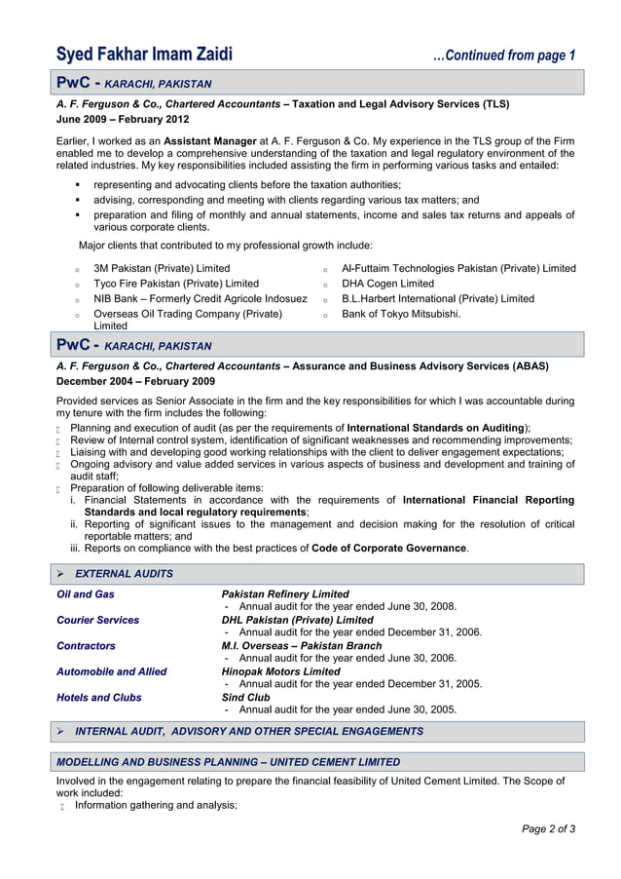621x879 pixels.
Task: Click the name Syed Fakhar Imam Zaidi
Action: pos(145,55)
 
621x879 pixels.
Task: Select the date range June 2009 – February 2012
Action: pos(123,119)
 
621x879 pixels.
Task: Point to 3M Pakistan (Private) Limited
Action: pos(162,268)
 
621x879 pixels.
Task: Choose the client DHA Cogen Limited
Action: pos(387,284)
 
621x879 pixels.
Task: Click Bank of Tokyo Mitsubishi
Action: pos(400,314)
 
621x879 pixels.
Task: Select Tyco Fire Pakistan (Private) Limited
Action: pos(176,284)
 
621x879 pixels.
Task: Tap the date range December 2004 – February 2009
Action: pos(136,381)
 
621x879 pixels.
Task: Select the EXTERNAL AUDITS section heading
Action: pos(124,574)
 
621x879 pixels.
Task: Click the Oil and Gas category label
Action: pos(86,593)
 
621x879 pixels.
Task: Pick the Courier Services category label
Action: pos(97,620)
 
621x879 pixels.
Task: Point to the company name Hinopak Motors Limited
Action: pos(281,671)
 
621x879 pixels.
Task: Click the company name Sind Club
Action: pos(246,698)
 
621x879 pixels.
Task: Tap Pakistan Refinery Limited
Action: pos(285,593)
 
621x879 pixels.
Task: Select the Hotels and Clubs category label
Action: pos(99,698)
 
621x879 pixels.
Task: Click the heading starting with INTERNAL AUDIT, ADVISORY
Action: pos(249,731)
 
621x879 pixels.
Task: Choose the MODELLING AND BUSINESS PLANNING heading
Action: pos(228,762)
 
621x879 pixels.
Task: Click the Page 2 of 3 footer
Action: pos(548,829)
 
